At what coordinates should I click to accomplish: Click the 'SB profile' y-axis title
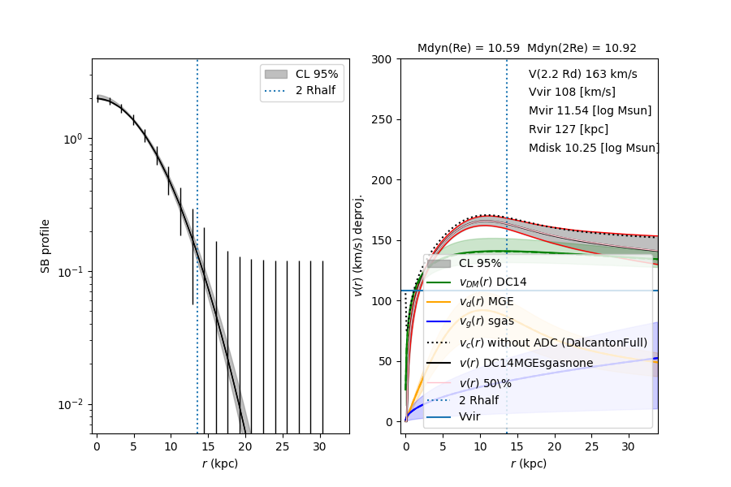coord(46,245)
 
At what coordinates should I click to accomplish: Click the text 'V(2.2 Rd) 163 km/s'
coord(582,74)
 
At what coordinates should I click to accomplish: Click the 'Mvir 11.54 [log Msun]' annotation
coord(590,110)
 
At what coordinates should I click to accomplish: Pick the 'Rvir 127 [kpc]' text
coord(568,129)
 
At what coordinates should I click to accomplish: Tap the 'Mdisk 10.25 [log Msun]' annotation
coord(593,148)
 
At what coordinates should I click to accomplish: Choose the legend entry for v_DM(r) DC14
coord(492,281)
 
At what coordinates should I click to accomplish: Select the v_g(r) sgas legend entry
coord(487,321)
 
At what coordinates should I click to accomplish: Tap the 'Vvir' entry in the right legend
coord(470,416)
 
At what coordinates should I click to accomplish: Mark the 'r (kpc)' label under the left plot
coord(220,463)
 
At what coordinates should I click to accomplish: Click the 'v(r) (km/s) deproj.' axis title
coord(359,245)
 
